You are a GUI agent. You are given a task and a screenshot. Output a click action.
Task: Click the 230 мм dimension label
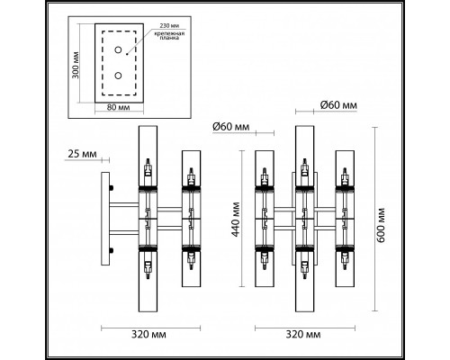pyautogui.click(x=170, y=26)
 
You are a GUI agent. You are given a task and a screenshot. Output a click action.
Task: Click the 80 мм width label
pyautogui.click(x=117, y=108)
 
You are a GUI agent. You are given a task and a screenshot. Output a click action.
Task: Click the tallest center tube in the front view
pyautogui.click(x=303, y=216)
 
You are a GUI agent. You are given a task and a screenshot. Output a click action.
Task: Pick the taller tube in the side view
pyautogui.click(x=148, y=216)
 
